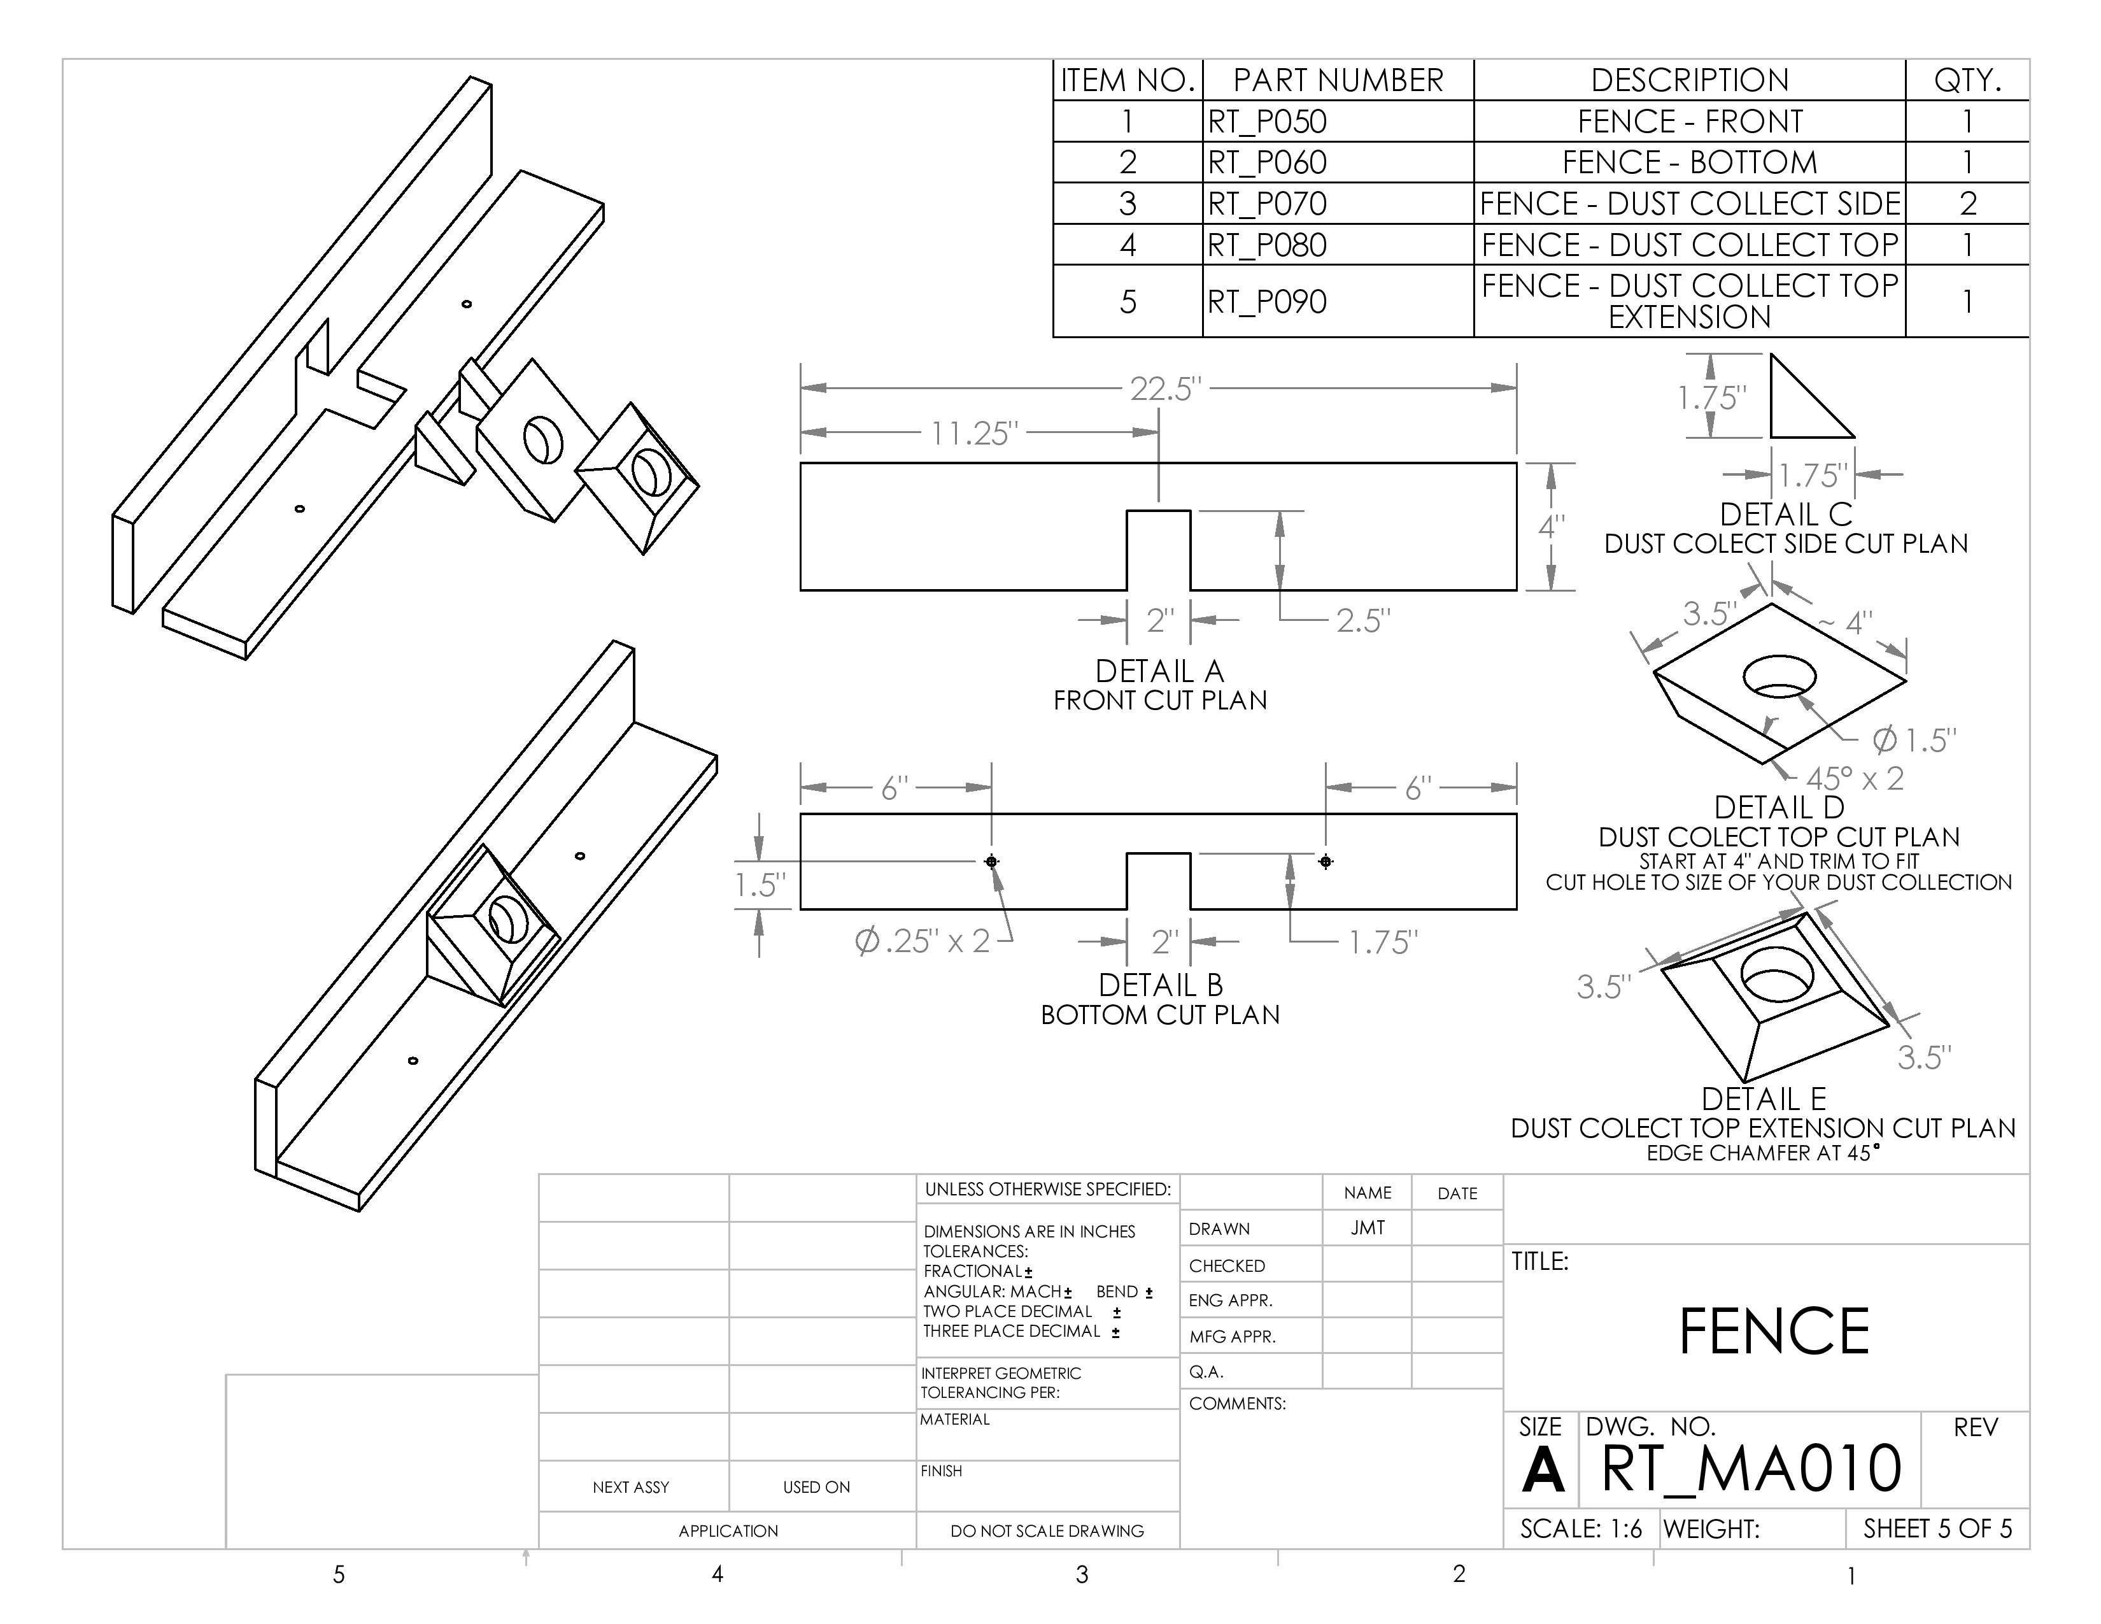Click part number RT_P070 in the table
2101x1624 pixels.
point(1267,204)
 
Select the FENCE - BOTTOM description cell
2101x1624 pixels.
point(1689,162)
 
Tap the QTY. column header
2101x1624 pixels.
point(1967,80)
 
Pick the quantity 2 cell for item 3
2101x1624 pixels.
point(1967,204)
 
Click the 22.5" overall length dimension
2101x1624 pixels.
point(1165,388)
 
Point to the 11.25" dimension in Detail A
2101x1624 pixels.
point(973,433)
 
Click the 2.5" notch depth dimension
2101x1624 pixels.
point(1362,620)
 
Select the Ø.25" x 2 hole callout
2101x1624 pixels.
point(922,940)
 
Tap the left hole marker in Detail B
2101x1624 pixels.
point(992,861)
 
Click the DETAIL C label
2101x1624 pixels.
point(1785,515)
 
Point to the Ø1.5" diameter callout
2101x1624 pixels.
point(1913,740)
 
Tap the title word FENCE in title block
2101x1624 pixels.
point(1773,1332)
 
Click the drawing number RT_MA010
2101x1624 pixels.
point(1751,1468)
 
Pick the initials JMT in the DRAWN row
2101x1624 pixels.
point(1367,1229)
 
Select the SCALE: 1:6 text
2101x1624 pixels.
point(1581,1528)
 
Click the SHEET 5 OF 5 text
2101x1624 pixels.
point(1937,1528)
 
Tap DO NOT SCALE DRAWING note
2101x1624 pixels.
point(1047,1530)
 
